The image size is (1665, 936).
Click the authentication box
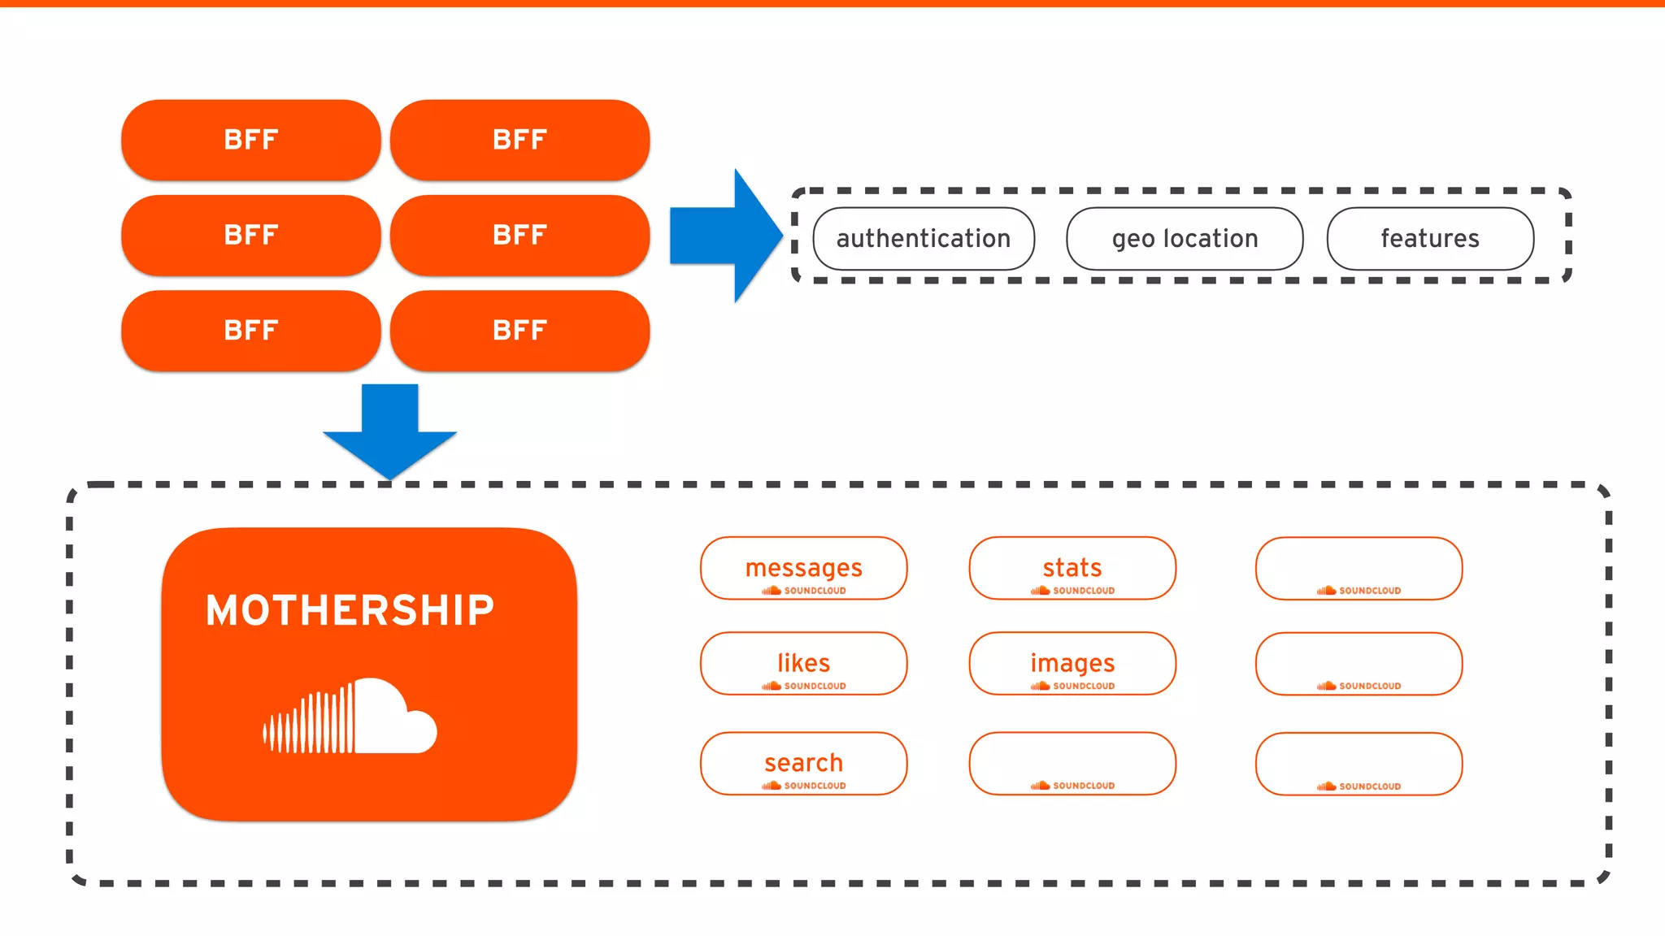(924, 238)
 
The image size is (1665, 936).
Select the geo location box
(1185, 238)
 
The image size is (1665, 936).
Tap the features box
(1430, 238)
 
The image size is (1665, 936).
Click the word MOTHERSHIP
(350, 610)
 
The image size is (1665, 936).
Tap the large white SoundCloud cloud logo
(351, 717)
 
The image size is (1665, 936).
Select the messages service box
(803, 568)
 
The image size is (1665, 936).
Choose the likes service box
(803, 663)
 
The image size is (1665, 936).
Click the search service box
(803, 763)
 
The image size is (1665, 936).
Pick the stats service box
(1072, 568)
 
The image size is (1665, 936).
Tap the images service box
(1072, 663)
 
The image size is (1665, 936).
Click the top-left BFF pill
(250, 140)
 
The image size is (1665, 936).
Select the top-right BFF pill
(519, 140)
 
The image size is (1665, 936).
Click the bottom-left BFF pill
(250, 331)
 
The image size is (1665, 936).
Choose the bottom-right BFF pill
(519, 331)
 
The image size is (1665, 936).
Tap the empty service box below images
(1072, 763)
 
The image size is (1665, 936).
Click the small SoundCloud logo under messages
(804, 591)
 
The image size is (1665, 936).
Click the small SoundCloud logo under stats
(1073, 591)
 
